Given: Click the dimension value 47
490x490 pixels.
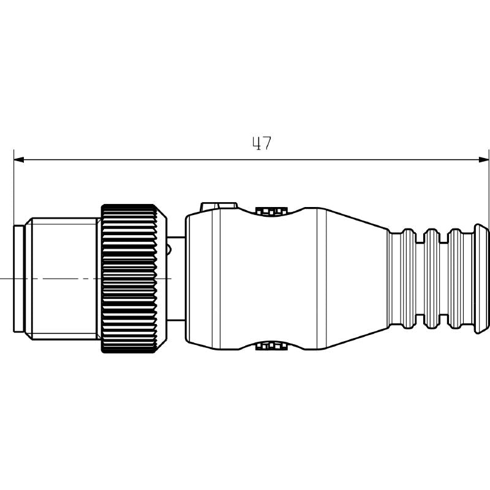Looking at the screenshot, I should click(x=262, y=144).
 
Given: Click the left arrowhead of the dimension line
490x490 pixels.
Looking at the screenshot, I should click(x=19, y=160).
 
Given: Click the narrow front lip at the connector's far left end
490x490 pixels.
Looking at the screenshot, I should click(x=19, y=279).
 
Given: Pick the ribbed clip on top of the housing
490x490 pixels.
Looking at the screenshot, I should click(x=272, y=211).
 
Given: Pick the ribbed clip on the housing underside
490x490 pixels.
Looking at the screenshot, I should click(x=272, y=346).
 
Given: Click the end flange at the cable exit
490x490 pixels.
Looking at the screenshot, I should click(x=481, y=279).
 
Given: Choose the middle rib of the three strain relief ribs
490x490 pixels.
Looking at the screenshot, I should click(x=432, y=279).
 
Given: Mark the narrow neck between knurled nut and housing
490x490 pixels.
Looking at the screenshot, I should click(x=176, y=279).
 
